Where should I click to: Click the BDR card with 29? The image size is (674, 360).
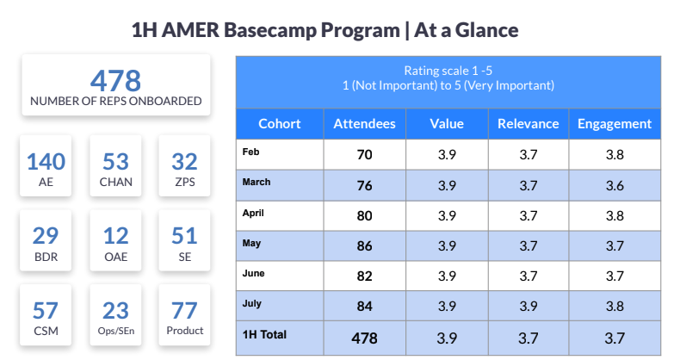[x=46, y=242]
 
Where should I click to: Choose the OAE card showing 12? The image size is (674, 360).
[x=115, y=242]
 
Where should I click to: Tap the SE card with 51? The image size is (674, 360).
[x=184, y=242]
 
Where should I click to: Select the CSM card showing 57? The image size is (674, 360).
[x=46, y=316]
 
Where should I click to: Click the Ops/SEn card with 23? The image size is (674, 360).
[x=115, y=316]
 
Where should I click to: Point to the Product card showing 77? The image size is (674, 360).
[x=184, y=316]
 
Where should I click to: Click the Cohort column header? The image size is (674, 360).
[x=279, y=124]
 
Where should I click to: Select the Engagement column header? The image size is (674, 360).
[x=614, y=124]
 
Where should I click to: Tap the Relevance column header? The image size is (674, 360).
[x=528, y=124]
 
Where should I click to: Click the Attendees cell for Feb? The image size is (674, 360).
[x=364, y=155]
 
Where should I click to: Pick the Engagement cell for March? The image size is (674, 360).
[x=614, y=185]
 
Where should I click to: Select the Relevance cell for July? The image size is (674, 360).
[x=528, y=307]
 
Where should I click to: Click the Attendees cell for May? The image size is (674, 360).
[x=364, y=246]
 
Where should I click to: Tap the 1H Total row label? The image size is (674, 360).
[x=265, y=334]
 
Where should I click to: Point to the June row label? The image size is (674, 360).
[x=255, y=273]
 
